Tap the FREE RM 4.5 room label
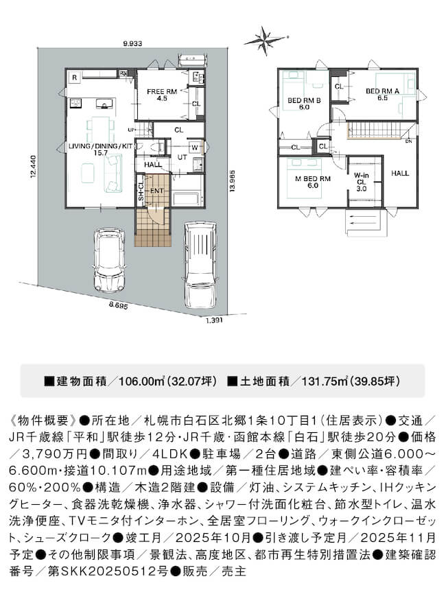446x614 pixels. [162, 95]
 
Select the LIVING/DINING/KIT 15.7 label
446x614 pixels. [101, 149]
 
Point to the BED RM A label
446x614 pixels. [382, 95]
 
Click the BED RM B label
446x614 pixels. [304, 104]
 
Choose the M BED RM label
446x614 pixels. [312, 182]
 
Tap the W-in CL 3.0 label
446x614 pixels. [361, 182]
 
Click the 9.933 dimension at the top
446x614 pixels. [132, 44]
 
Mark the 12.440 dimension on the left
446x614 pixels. [34, 167]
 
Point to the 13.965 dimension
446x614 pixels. [233, 181]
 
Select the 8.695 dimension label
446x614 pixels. [119, 306]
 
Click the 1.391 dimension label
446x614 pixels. [214, 320]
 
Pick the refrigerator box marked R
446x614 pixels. [74, 78]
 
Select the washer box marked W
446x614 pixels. [195, 147]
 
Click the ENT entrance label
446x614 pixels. [156, 191]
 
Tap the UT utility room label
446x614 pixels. [182, 157]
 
